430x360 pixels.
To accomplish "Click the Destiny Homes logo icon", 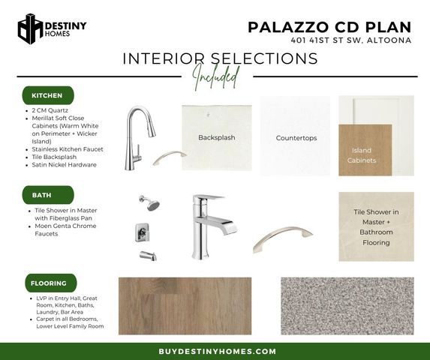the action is [30, 28].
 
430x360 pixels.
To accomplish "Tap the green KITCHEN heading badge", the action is [48, 95].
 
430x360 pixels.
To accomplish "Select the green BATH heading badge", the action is [48, 195].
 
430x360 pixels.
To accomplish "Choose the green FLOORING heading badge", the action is [51, 283].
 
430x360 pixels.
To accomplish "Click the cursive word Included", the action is [216, 76].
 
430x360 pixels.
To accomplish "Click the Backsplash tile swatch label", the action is [217, 137].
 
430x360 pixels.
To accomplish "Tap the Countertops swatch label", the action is [296, 138].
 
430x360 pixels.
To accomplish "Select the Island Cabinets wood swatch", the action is [365, 150].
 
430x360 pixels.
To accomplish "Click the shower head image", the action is [150, 202].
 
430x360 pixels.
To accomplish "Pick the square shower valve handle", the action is [143, 232].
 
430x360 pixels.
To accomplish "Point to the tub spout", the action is [148, 256].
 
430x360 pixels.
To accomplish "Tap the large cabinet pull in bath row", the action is [282, 238].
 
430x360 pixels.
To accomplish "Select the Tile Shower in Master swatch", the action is [376, 226].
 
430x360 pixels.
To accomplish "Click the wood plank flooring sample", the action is [185, 306].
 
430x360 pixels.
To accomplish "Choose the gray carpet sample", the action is [347, 306].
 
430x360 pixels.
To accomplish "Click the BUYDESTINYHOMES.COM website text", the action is [217, 351].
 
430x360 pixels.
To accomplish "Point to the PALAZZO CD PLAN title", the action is [329, 27].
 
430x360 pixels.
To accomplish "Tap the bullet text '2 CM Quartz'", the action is [50, 110].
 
